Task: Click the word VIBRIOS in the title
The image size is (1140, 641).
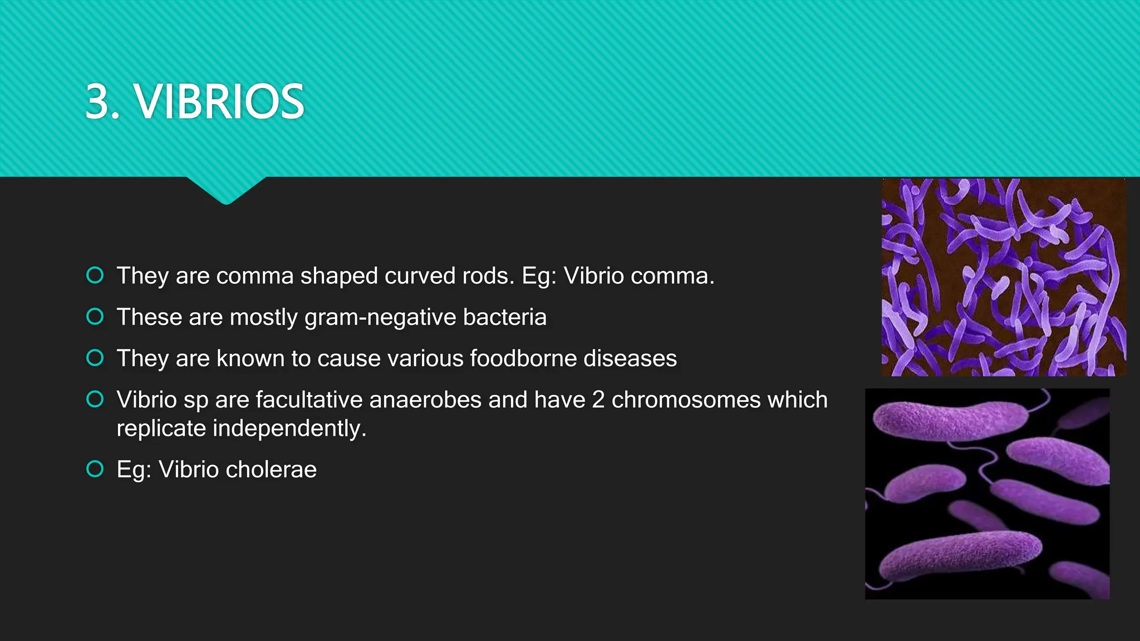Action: click(220, 102)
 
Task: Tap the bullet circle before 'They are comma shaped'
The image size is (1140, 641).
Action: click(95, 275)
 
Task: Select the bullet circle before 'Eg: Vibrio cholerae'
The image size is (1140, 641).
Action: click(95, 469)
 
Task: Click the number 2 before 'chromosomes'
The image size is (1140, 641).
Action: click(598, 400)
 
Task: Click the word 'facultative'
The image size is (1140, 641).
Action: click(309, 400)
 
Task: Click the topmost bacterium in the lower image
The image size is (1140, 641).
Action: click(949, 420)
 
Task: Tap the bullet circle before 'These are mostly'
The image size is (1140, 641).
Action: click(95, 317)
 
